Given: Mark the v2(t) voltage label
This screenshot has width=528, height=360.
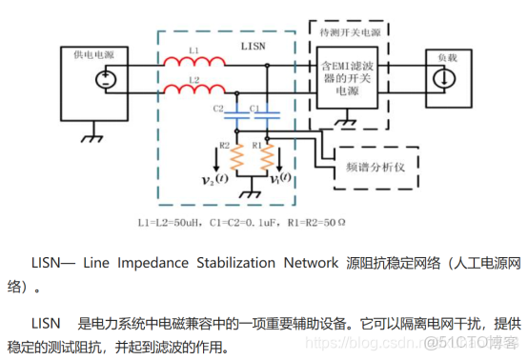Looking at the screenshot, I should [x=215, y=178].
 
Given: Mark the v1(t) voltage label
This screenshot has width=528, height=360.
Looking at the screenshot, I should [x=282, y=178].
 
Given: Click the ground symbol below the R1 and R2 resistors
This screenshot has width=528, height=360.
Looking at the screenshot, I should [x=252, y=194].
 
